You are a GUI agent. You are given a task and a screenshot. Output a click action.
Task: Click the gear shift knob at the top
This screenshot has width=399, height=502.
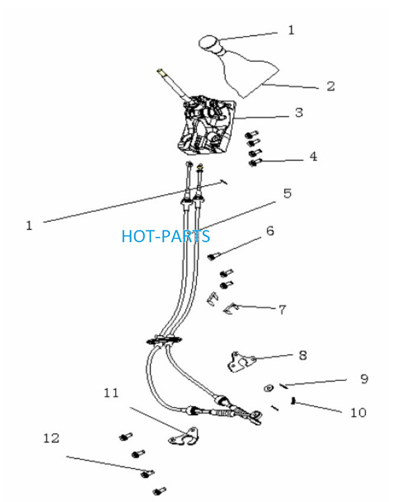pos(208,44)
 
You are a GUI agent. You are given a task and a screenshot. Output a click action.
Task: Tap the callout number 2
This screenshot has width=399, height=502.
pos(331,86)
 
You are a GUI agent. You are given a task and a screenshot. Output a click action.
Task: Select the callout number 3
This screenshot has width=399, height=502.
pos(299,112)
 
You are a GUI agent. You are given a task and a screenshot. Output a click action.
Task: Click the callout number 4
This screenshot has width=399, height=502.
pos(313,157)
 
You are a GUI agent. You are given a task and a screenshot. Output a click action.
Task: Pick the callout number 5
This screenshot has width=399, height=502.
pos(287,193)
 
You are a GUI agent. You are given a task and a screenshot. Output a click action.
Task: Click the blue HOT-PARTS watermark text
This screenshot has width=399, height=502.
pos(166,236)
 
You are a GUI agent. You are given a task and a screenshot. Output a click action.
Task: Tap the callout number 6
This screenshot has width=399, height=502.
pos(270,230)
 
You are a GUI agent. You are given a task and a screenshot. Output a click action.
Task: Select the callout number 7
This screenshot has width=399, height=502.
pos(282,309)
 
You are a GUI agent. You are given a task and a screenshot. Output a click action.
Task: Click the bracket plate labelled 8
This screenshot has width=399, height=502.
pos(242,361)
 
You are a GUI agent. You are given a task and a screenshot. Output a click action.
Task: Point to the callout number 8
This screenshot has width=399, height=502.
pos(303,355)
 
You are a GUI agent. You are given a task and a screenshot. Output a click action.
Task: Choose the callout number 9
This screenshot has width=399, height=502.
pos(364,379)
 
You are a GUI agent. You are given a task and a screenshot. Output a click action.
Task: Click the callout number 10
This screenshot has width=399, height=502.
pos(358,412)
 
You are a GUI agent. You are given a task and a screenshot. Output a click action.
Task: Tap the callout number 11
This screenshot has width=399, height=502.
pos(112,393)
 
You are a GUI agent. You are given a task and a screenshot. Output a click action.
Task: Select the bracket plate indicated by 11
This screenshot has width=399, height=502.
pos(185,436)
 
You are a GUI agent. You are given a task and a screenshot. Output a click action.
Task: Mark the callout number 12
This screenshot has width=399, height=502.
pos(51,438)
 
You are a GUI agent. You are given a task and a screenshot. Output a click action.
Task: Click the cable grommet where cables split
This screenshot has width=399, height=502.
pos(164,341)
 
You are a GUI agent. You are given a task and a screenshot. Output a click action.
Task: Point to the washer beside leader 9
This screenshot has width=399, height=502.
pos(269,387)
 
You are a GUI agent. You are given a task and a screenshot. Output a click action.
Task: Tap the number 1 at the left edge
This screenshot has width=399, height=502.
pos(29,226)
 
